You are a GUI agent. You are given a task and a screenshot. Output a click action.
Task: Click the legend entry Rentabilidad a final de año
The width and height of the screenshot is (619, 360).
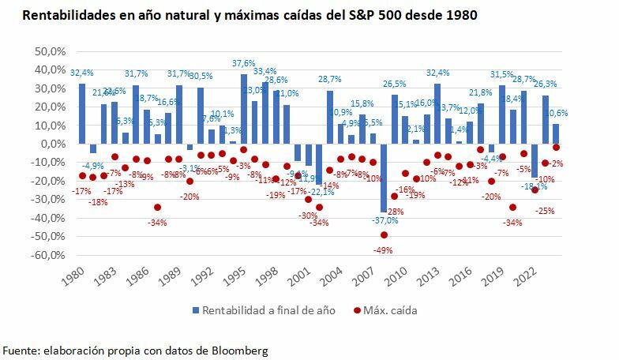point(269,310)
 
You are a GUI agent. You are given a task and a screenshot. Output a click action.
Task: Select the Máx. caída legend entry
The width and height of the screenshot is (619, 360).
point(391,310)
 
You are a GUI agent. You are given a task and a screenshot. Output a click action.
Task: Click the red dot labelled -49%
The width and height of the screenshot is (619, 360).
point(385,234)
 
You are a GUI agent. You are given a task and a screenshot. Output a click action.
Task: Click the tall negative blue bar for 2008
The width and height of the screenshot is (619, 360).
point(385,178)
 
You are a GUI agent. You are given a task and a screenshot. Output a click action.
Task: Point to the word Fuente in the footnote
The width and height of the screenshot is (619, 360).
point(20,349)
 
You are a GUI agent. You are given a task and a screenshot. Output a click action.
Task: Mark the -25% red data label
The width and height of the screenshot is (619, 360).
point(544,211)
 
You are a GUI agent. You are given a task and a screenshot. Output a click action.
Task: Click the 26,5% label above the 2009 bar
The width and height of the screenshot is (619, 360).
point(394,84)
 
